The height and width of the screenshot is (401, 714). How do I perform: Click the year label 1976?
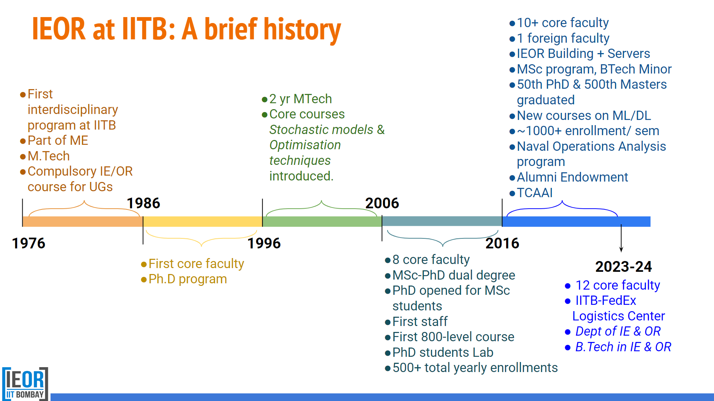[x=29, y=243]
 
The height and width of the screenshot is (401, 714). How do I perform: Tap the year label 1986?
[x=143, y=203]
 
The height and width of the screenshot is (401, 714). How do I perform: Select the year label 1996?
[x=264, y=243]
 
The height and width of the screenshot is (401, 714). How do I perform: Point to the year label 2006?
[x=382, y=203]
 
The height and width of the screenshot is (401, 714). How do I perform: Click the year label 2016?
[x=502, y=243]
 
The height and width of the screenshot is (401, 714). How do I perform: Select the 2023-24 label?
[x=623, y=267]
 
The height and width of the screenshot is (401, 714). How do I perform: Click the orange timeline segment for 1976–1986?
[x=83, y=222]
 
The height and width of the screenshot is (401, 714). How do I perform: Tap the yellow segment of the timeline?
[x=203, y=222]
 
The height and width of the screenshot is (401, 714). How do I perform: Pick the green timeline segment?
[x=322, y=222]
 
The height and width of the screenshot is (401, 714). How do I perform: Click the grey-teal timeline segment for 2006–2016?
[x=442, y=222]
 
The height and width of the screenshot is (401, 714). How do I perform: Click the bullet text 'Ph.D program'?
[x=187, y=279]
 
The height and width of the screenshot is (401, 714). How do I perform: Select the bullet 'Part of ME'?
[x=58, y=140]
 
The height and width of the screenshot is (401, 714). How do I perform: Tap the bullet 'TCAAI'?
[x=534, y=193]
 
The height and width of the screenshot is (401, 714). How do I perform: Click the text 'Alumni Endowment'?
[x=572, y=177]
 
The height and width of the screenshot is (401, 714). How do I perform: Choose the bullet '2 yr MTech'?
[x=300, y=99]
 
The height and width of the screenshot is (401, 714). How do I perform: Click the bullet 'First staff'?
[x=419, y=321]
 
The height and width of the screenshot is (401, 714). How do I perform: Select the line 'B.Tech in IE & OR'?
[x=623, y=347]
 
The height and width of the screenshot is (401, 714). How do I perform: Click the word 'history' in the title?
[x=302, y=30]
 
